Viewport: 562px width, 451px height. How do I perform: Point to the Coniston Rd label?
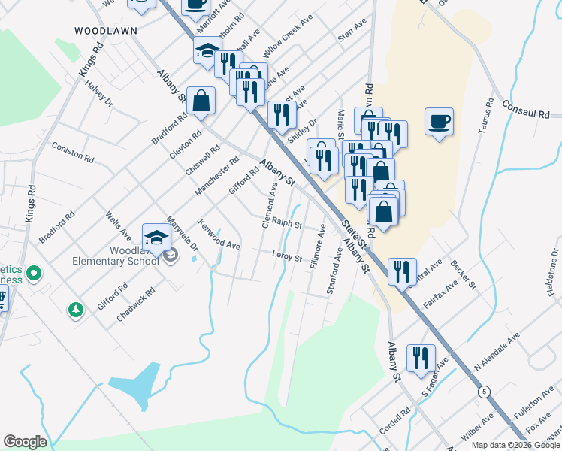[72, 153]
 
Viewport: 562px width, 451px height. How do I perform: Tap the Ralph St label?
[286, 223]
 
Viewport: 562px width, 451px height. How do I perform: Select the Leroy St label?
[286, 258]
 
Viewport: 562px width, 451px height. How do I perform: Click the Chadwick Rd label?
[135, 304]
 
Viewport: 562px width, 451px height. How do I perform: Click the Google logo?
[25, 441]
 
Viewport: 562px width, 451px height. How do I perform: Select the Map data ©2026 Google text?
[515, 445]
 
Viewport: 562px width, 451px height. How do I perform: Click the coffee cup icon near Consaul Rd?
[439, 120]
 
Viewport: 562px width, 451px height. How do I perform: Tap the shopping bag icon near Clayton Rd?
[201, 101]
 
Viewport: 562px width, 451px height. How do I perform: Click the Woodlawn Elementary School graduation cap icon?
[157, 238]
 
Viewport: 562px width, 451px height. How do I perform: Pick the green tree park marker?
[75, 309]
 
